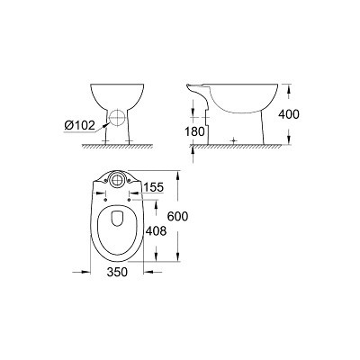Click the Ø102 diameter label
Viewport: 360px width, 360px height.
[79, 125]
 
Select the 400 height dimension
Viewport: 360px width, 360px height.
[289, 114]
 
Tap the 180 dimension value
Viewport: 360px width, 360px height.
[195, 131]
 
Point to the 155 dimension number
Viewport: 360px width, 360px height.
[153, 187]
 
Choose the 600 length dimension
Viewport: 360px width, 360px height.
[177, 216]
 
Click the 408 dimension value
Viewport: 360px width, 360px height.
[156, 231]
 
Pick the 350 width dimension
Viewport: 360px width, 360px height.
[117, 272]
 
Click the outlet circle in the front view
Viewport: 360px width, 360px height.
[117, 117]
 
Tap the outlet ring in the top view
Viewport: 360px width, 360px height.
[117, 179]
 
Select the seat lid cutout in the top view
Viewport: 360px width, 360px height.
[117, 219]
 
